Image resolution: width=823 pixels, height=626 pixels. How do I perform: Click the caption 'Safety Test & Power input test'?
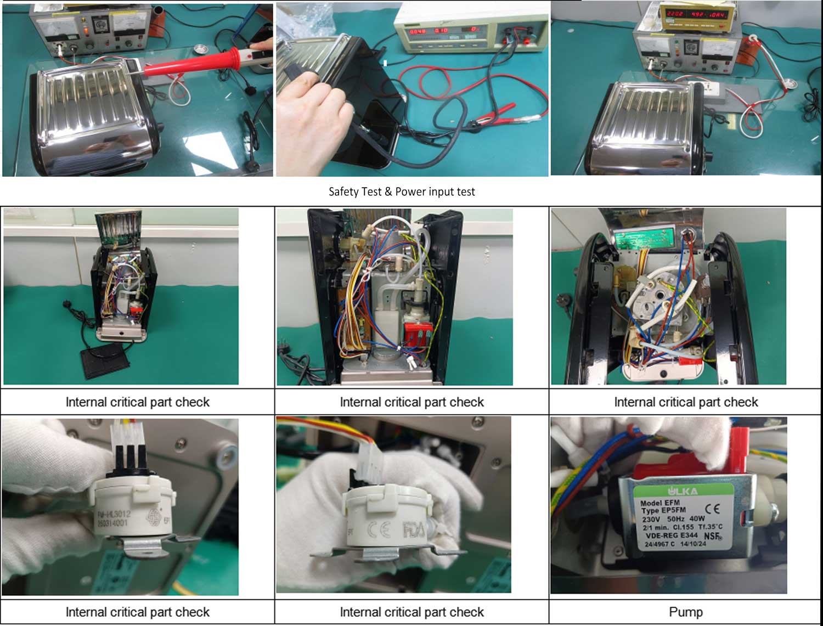(402, 191)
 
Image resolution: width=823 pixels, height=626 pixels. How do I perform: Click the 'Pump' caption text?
(685, 612)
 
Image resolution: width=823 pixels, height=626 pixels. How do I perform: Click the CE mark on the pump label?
(712, 509)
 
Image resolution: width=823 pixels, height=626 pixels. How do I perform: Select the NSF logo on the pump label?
(713, 536)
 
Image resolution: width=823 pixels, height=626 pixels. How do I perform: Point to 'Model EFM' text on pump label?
(659, 503)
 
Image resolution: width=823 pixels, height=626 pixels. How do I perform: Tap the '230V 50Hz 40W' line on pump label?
(673, 518)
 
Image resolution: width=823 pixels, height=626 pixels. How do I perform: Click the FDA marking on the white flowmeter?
(413, 530)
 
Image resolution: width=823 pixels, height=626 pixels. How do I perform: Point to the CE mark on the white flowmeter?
(379, 530)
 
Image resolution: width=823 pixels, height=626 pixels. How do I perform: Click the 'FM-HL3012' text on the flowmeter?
(114, 515)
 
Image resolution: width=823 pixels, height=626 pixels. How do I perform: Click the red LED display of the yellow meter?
(695, 14)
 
